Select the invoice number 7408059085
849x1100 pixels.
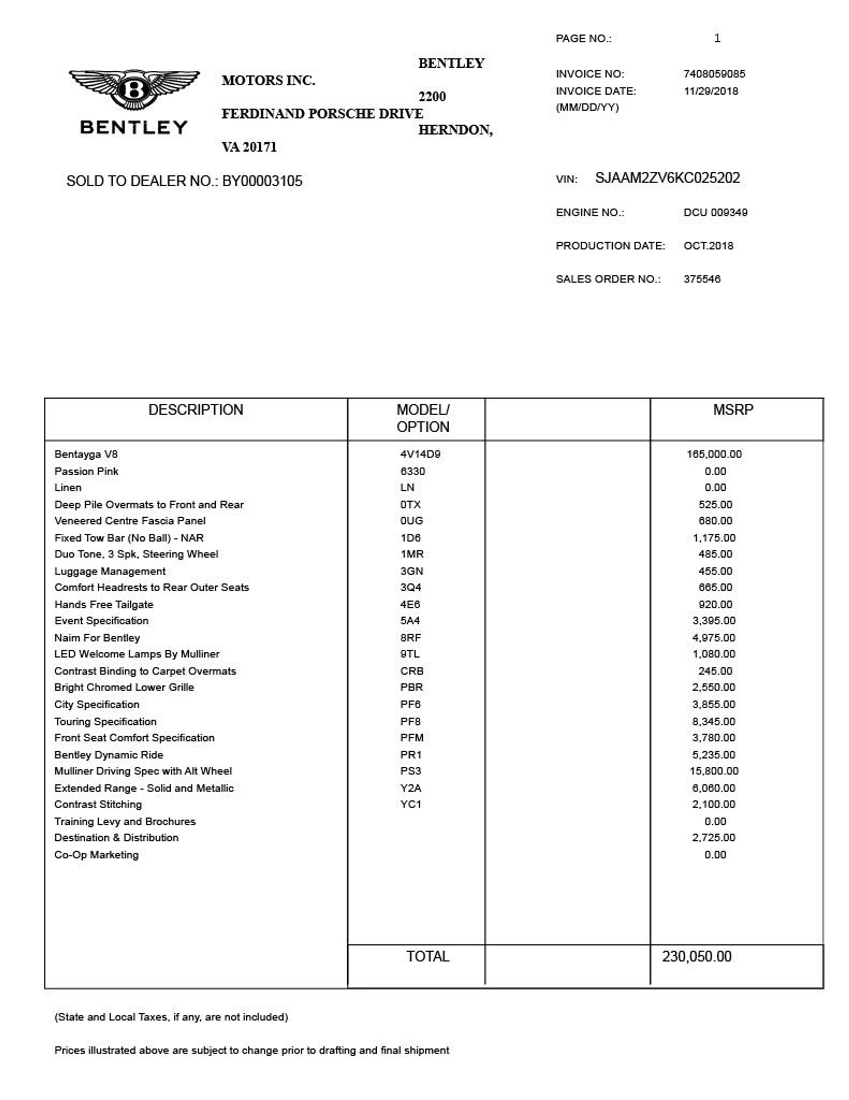[714, 74]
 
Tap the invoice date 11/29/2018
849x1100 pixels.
[711, 91]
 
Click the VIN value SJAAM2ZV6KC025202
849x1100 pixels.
[667, 178]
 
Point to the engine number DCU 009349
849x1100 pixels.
[715, 212]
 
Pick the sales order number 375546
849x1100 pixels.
[702, 279]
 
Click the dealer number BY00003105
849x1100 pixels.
[262, 181]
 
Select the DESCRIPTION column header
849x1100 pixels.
[195, 410]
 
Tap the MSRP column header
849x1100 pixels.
[733, 410]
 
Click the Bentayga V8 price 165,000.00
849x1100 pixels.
[714, 454]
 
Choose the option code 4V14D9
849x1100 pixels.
[420, 454]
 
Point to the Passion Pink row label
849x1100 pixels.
[86, 471]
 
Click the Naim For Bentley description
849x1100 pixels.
[97, 638]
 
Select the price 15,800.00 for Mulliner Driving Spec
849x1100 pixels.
[714, 771]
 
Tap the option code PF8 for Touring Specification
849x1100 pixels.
[410, 722]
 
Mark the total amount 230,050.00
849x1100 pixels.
[696, 957]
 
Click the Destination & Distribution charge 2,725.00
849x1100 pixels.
[713, 838]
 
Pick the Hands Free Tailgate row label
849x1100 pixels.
[103, 604]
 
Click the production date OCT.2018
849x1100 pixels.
[708, 246]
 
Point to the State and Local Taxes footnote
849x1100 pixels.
[171, 1017]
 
